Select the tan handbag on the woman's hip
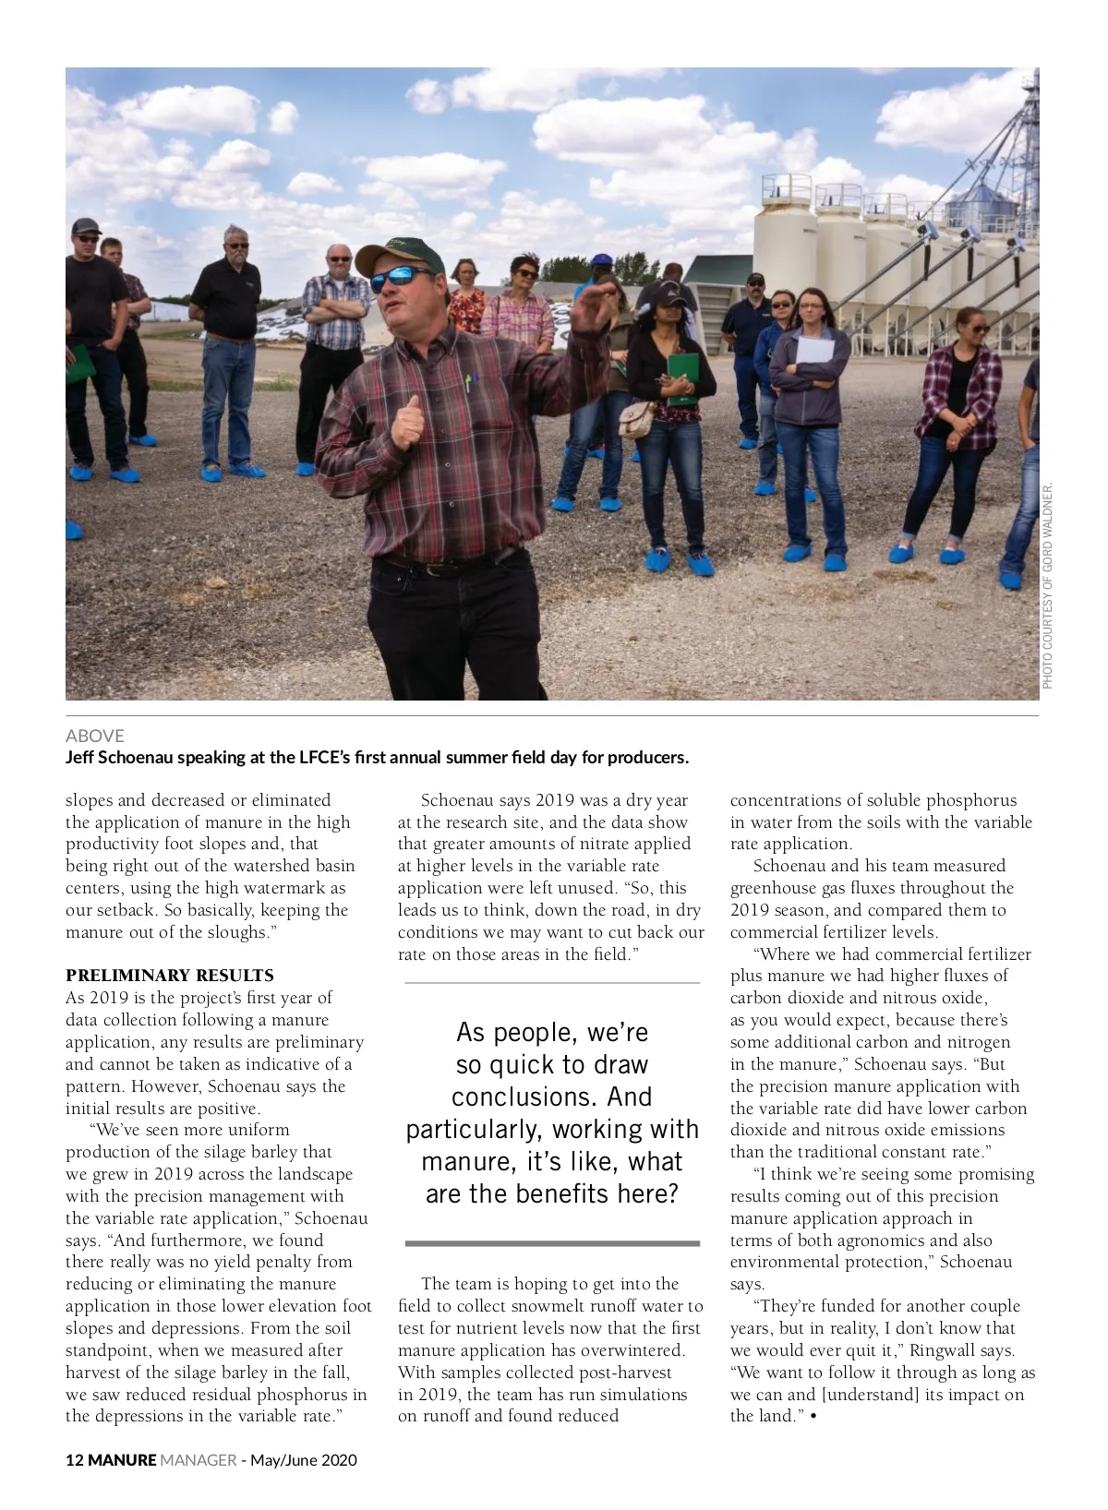pyautogui.click(x=636, y=419)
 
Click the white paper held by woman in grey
pyautogui.click(x=814, y=351)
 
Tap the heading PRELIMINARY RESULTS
pyautogui.click(x=170, y=976)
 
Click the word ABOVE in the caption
pyautogui.click(x=95, y=736)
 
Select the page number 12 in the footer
pyautogui.click(x=75, y=1460)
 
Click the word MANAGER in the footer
pyautogui.click(x=199, y=1460)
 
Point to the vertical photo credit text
pyautogui.click(x=1048, y=586)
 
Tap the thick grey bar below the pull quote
pyautogui.click(x=552, y=1243)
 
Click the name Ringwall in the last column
pyautogui.click(x=941, y=1350)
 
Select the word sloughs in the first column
pyautogui.click(x=238, y=932)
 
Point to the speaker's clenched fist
pyautogui.click(x=407, y=425)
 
